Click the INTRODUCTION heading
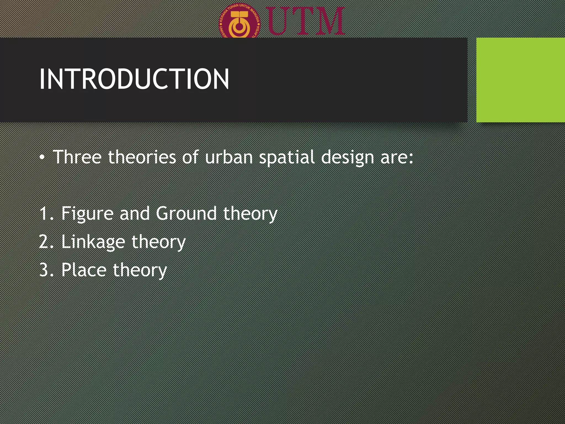134,79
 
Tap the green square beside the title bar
520,80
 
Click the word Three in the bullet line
77,157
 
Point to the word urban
229,157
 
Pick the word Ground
186,213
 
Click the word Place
84,270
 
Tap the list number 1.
44,213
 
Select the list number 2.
44,242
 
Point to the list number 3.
44,270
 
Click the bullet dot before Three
42,157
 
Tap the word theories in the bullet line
142,157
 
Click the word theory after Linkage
158,242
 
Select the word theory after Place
140,270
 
